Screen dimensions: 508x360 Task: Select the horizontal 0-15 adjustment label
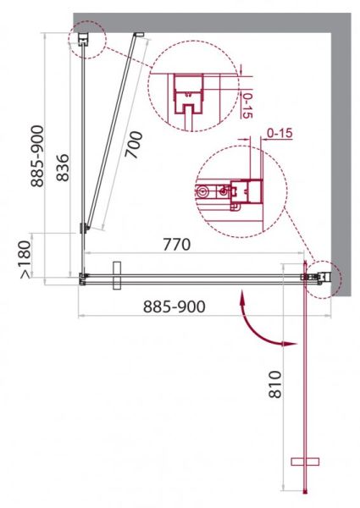pyautogui.click(x=280, y=133)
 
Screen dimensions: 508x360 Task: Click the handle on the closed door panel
pyautogui.click(x=117, y=275)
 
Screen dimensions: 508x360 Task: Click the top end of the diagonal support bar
pyautogui.click(x=140, y=35)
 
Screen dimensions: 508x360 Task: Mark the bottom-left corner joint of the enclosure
pyautogui.click(x=83, y=276)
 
